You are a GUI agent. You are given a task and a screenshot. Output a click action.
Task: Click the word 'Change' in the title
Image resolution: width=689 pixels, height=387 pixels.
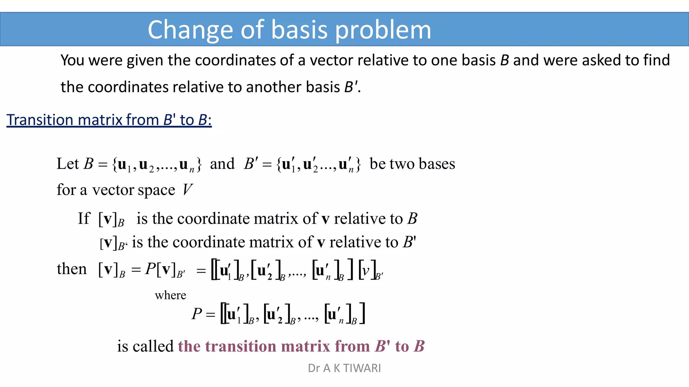[190, 30]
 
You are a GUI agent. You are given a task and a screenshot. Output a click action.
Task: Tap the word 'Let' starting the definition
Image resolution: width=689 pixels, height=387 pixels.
[68, 164]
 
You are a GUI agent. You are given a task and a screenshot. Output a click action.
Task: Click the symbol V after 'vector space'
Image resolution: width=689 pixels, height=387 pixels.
[187, 190]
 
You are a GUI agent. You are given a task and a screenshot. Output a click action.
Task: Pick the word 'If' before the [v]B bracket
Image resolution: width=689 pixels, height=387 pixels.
[84, 219]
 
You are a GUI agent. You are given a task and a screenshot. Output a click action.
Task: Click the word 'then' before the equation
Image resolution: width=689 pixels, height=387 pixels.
[72, 269]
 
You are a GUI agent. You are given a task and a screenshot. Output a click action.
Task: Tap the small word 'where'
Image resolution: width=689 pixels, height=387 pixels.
[170, 295]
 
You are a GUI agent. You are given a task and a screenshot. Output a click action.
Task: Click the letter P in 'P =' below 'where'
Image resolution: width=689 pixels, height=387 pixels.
[196, 314]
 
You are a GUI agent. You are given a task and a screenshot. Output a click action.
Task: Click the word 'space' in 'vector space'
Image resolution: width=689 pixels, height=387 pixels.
[156, 190]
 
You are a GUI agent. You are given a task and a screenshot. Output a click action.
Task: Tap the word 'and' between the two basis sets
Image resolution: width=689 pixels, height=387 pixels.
[222, 164]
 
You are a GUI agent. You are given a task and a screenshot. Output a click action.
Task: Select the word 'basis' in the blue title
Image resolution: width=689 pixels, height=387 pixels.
[299, 30]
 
